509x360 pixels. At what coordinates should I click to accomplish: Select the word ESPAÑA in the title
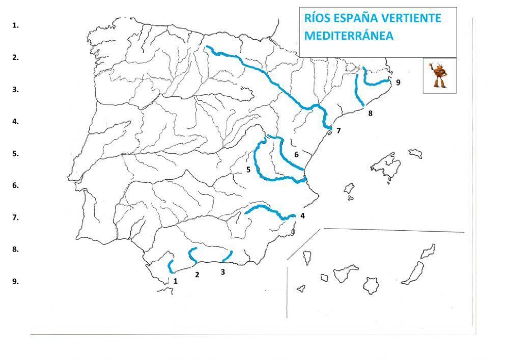tap(356, 18)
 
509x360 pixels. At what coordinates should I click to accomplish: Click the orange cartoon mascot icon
tap(439, 75)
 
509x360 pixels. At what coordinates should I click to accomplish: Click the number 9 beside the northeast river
tap(398, 82)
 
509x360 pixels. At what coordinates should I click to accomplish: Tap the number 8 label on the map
tap(370, 113)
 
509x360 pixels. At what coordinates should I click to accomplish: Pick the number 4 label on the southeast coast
tap(302, 215)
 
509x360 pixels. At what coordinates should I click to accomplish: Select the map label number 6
tap(296, 154)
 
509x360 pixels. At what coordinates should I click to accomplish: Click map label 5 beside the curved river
tap(248, 170)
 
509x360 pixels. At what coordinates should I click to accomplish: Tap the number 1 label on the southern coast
tap(175, 280)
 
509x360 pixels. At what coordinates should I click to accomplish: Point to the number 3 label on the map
tap(223, 272)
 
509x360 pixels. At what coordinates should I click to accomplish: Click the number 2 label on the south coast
tap(197, 275)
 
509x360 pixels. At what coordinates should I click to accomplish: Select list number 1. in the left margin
tap(16, 25)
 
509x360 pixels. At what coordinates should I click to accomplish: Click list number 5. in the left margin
tap(16, 153)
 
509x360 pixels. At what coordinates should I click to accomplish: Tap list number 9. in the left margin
tap(16, 281)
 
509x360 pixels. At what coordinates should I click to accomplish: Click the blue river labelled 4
tap(265, 209)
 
